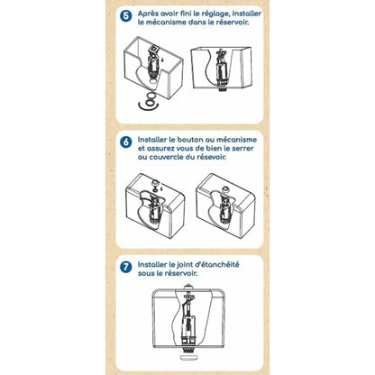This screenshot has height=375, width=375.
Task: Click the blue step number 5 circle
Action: (125, 16)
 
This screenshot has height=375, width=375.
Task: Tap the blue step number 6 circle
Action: (125, 142)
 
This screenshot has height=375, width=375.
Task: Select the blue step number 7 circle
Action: (125, 267)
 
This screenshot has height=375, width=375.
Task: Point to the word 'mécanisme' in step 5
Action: (166, 23)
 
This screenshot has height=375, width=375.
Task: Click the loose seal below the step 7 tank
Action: (188, 358)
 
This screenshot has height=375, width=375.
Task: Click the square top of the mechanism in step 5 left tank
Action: (155, 49)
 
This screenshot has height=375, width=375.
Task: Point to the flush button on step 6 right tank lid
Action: (225, 188)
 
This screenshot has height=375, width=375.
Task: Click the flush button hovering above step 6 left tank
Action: (156, 182)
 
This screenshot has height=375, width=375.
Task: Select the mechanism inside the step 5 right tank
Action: (222, 70)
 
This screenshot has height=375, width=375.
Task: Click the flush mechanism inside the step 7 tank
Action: (188, 321)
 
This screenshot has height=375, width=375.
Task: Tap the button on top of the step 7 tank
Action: (188, 286)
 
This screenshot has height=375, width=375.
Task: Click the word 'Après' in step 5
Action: (148, 14)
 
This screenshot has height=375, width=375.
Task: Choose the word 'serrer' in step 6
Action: (242, 149)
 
